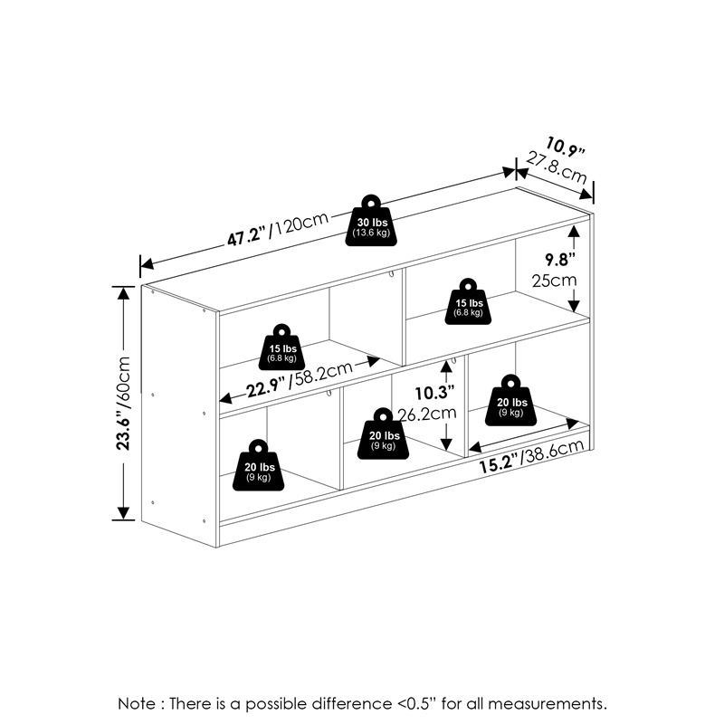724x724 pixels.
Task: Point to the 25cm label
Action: [x=554, y=281]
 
